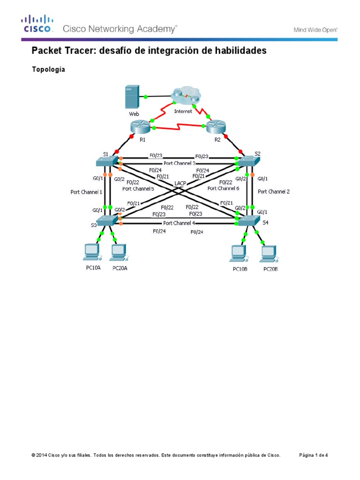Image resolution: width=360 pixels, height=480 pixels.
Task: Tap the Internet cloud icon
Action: click(186, 96)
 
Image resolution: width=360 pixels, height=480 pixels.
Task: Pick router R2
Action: click(216, 127)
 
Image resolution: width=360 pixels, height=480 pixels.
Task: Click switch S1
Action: click(106, 161)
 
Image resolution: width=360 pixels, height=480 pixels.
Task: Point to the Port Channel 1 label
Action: click(86, 192)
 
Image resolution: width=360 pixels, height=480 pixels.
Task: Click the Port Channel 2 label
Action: click(274, 191)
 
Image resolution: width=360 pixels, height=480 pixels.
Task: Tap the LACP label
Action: click(181, 183)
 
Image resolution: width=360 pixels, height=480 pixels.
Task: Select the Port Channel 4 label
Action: click(179, 223)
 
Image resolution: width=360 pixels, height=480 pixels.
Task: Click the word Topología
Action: click(48, 70)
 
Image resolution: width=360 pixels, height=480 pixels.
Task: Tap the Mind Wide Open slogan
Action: click(315, 30)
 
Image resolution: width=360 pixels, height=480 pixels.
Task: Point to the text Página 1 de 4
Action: click(314, 455)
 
